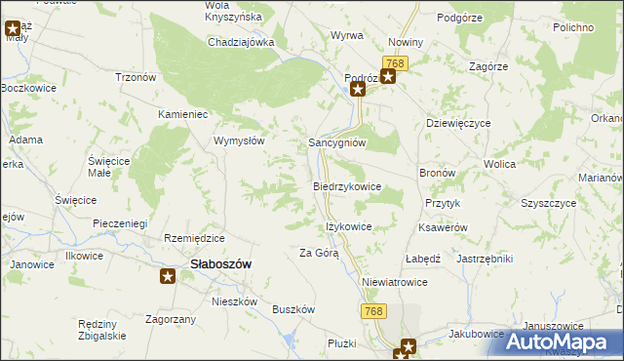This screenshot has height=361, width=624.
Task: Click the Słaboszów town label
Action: point(220,263)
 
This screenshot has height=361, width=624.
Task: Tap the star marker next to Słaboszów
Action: point(168,277)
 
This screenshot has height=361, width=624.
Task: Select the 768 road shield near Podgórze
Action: point(402,62)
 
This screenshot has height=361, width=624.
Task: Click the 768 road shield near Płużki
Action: point(370,309)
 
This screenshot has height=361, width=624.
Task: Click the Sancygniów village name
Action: point(336,141)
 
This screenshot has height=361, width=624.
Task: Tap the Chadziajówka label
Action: point(241,42)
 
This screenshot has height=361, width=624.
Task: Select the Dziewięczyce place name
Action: point(458,124)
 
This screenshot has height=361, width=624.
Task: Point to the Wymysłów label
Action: point(240,140)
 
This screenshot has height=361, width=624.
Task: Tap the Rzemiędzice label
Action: point(195,238)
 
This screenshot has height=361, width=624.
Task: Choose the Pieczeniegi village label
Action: point(120,223)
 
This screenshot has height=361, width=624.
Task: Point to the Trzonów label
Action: point(136,77)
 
